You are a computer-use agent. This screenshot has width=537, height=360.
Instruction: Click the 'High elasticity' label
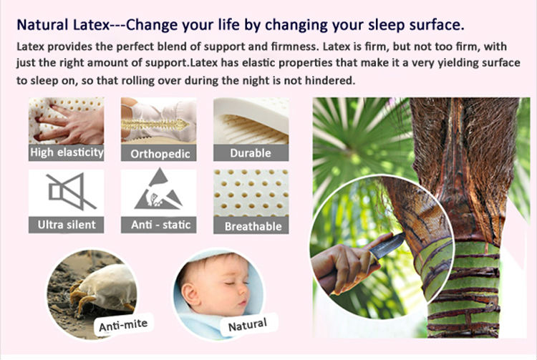coord(67,152)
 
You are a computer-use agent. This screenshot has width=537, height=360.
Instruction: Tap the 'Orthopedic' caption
coord(160,154)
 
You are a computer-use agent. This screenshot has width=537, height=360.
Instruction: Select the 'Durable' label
coord(251,153)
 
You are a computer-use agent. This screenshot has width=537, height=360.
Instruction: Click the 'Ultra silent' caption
coord(67,225)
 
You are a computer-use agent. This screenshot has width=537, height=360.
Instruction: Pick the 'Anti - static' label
coord(160,225)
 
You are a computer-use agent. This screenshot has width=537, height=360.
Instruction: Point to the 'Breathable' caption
coord(253,226)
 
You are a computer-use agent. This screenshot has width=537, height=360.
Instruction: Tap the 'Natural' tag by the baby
coord(247,324)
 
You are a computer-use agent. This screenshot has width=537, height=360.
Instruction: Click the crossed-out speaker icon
coord(71,192)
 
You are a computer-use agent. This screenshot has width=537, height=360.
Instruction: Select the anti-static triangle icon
coord(158,190)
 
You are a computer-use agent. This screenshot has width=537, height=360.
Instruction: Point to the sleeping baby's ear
coord(190,294)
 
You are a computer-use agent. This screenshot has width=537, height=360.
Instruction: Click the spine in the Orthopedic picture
coord(155,125)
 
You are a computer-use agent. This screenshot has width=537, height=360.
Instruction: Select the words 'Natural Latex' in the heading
coord(63,24)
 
